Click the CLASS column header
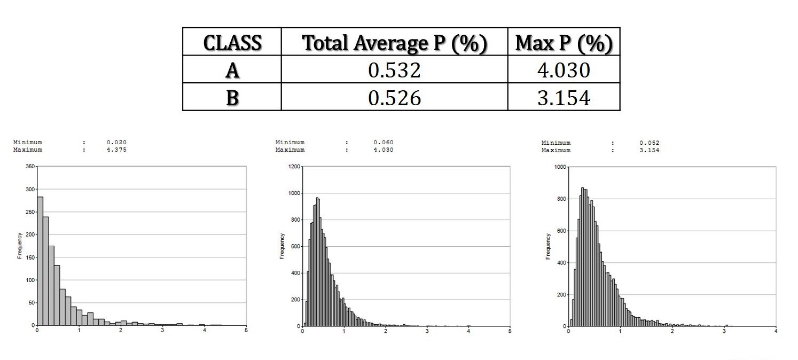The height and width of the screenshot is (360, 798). coord(232,42)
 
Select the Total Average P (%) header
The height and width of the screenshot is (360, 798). coord(394,42)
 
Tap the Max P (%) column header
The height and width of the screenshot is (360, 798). coord(564,42)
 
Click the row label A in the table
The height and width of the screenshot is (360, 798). coord(232,69)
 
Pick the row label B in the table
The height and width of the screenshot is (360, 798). coord(232,97)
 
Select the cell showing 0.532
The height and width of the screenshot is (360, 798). coord(394,69)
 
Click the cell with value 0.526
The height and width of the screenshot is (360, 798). coord(394,97)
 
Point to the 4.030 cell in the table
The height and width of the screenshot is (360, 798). coord(564,69)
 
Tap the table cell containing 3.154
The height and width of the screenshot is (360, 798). coord(564,97)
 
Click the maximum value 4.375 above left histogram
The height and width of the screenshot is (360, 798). coord(116,150)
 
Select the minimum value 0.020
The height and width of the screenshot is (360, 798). coord(116,143)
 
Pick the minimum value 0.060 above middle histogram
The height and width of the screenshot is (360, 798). coord(383,143)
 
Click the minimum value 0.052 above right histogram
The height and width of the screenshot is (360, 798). coord(649,143)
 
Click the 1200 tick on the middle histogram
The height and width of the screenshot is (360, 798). coord(293,167)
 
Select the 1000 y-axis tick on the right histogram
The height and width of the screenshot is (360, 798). coord(560,167)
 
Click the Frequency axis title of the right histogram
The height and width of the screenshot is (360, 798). coord(548,246)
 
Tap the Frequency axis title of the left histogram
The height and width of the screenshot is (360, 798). coord(19,246)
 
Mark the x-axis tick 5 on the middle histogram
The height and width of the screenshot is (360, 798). coord(510,331)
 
